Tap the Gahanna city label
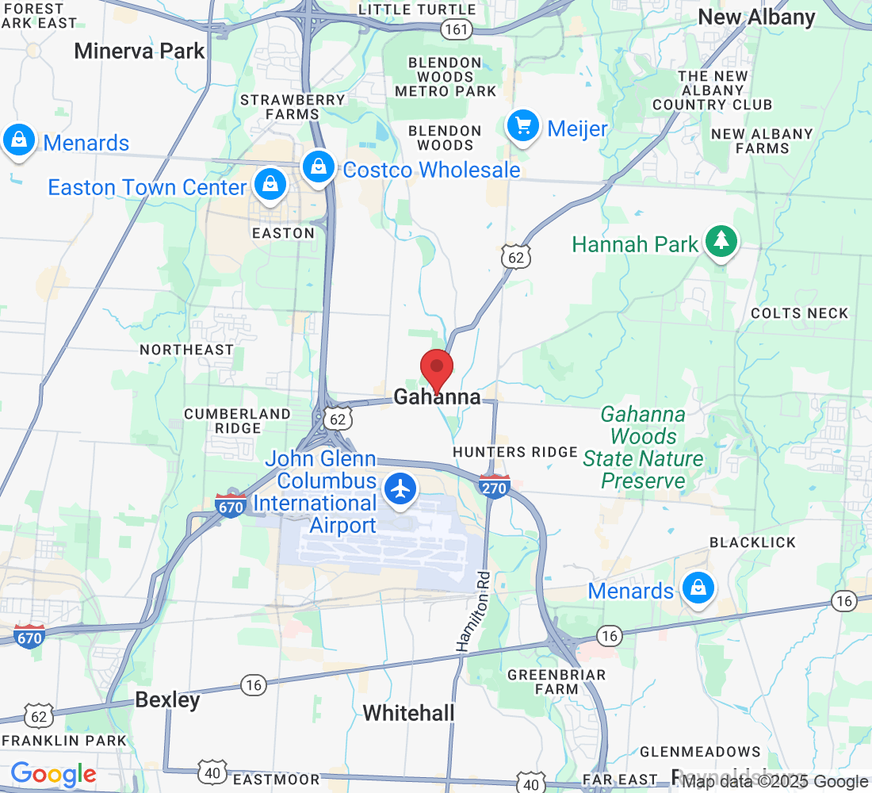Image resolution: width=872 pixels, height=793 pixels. click(x=437, y=396)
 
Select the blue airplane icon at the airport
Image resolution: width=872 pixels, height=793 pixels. click(x=401, y=488)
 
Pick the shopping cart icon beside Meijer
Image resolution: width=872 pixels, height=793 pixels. click(x=523, y=126)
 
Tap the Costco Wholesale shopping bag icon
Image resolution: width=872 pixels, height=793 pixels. click(x=318, y=167)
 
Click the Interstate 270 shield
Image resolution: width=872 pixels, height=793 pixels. click(x=494, y=487)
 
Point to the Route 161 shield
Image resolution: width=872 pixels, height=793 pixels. click(x=458, y=29)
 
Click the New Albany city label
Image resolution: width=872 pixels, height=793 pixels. click(x=756, y=17)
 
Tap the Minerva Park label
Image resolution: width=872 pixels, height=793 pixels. click(x=140, y=52)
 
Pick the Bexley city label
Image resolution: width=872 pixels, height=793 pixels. click(x=167, y=699)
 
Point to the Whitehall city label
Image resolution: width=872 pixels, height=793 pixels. click(x=409, y=712)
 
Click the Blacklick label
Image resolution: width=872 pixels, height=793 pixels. click(x=752, y=542)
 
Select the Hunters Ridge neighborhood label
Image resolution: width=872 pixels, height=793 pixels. click(x=515, y=452)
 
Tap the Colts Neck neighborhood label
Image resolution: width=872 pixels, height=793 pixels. click(x=800, y=313)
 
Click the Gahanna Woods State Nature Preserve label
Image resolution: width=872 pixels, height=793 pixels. click(x=643, y=447)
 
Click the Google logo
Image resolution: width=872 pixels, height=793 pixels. click(x=54, y=774)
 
